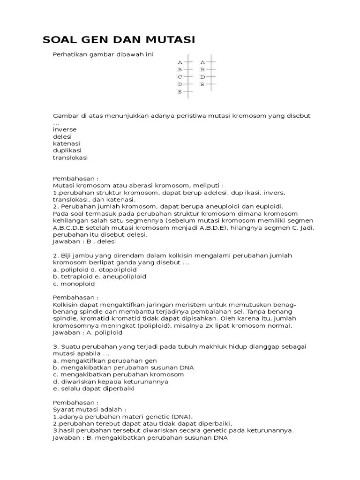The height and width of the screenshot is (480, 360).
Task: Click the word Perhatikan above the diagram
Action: coord(70,55)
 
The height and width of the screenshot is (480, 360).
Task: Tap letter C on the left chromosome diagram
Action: coord(180,77)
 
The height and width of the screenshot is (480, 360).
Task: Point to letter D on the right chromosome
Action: coord(202,77)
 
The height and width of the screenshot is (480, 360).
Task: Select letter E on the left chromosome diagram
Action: coord(180,92)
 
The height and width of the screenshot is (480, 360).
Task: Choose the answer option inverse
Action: coord(65,129)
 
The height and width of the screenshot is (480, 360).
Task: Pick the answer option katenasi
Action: coord(66,143)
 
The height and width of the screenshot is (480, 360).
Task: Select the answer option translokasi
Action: coord(70,157)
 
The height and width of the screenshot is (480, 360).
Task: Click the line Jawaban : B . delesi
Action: coord(84,241)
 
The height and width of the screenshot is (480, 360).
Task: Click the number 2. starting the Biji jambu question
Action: coord(55,255)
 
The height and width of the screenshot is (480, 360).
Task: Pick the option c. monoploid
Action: coord(74,284)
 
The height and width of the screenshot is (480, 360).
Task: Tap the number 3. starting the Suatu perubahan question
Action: coord(55,346)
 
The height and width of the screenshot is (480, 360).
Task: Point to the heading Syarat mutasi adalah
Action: coord(84,409)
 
